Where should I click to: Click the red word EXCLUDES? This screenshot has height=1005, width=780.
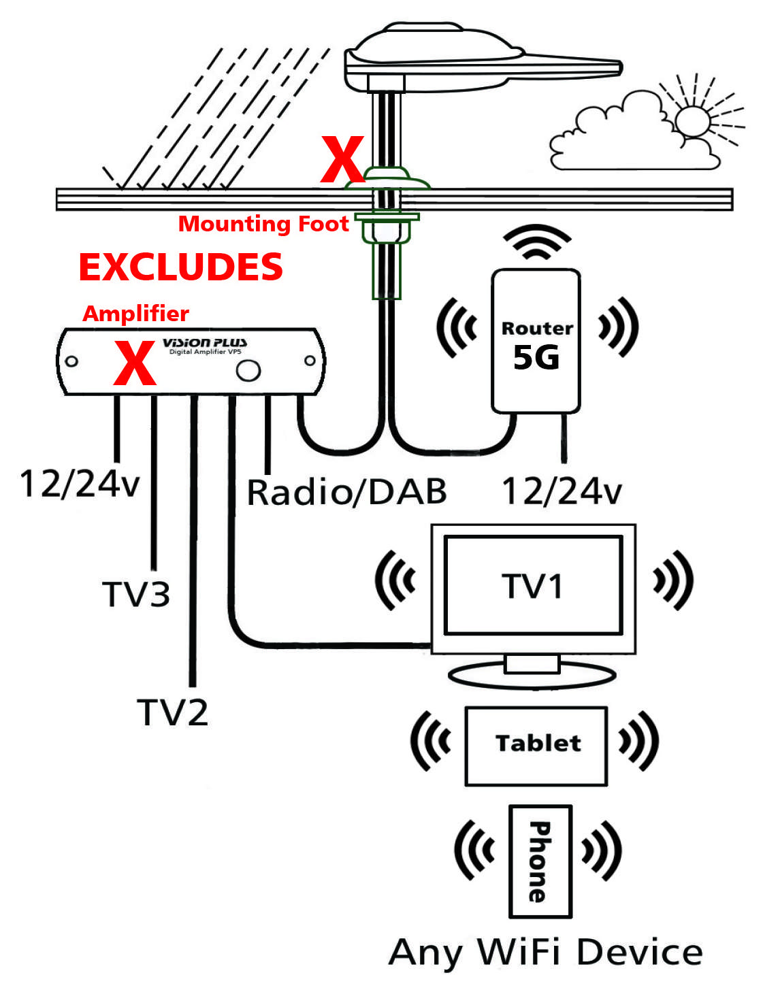pyautogui.click(x=180, y=267)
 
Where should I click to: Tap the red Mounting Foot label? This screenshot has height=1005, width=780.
pyautogui.click(x=263, y=224)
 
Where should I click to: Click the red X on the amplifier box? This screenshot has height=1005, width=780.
pyautogui.click(x=135, y=363)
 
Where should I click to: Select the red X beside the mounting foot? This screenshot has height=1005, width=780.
pyautogui.click(x=342, y=160)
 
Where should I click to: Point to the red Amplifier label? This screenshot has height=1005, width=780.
pyautogui.click(x=135, y=314)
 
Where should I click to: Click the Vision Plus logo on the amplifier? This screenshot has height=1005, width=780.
pyautogui.click(x=204, y=343)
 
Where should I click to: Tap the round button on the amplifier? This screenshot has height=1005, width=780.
pyautogui.click(x=248, y=370)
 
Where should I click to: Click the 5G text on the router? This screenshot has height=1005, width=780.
pyautogui.click(x=536, y=358)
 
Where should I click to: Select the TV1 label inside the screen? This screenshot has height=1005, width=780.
pyautogui.click(x=533, y=586)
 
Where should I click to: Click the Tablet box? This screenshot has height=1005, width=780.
pyautogui.click(x=536, y=746)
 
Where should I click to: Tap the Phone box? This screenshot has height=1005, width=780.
pyautogui.click(x=540, y=861)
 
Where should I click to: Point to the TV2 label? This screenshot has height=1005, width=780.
pyautogui.click(x=173, y=712)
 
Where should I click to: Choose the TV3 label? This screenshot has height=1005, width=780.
pyautogui.click(x=136, y=594)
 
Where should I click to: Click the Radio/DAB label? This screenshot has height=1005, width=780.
pyautogui.click(x=346, y=492)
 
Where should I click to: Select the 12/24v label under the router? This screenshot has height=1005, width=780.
pyautogui.click(x=562, y=491)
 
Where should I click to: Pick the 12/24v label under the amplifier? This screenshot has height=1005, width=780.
pyautogui.click(x=80, y=484)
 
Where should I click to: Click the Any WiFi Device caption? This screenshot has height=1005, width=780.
pyautogui.click(x=545, y=952)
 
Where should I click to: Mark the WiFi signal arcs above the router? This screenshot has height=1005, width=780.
pyautogui.click(x=536, y=242)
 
